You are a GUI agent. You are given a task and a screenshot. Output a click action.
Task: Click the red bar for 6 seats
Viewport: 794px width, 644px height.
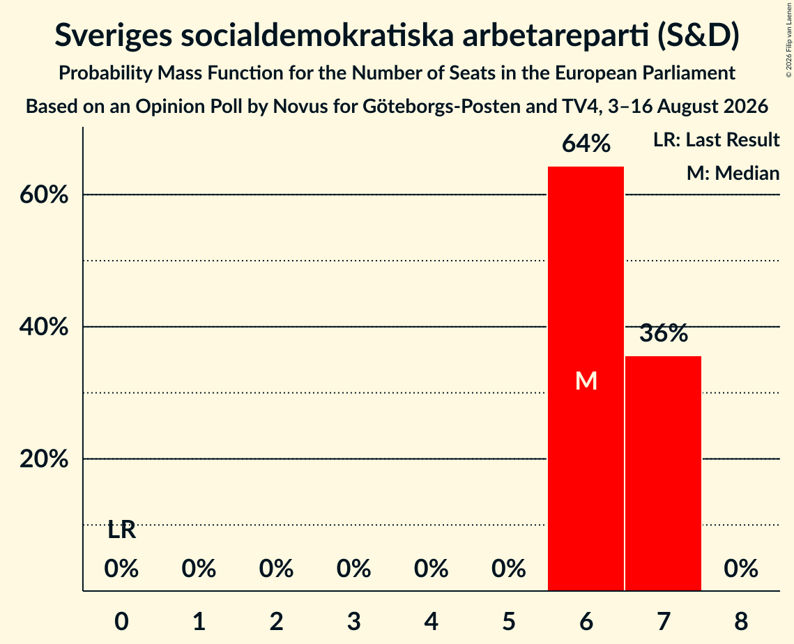point(586,378)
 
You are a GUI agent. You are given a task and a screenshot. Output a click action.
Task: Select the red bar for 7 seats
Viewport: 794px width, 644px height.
point(664,473)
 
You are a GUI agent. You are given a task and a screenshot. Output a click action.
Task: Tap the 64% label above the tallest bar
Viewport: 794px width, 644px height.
point(586,144)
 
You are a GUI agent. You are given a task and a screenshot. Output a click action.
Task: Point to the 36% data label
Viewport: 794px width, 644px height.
point(664,333)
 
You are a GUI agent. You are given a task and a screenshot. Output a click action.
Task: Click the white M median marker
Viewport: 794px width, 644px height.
point(586,381)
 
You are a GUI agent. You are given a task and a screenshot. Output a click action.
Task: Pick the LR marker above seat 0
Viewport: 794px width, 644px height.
point(121,530)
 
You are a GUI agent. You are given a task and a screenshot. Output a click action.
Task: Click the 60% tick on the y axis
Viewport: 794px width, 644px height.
point(43,194)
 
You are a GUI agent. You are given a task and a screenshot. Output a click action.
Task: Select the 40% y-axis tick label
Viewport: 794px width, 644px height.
point(43,327)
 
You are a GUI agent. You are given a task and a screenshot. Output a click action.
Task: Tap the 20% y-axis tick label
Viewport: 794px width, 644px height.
point(43,459)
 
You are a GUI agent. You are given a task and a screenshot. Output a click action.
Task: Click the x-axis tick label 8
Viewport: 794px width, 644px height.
point(741,621)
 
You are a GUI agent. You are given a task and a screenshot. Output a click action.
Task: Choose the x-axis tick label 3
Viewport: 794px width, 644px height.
point(353,621)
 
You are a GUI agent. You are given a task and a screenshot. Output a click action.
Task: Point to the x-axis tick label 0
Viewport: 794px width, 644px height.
point(121,621)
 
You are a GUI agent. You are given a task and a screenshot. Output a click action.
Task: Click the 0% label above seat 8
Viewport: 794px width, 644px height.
point(741,569)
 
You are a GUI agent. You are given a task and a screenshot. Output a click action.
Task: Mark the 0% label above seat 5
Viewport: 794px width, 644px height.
point(508,569)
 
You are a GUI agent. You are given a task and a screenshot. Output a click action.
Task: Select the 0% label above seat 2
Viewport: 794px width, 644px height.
point(276,569)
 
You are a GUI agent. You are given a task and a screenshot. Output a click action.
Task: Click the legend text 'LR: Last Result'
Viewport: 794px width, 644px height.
point(716,139)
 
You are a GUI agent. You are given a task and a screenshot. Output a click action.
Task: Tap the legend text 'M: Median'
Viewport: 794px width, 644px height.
point(733,173)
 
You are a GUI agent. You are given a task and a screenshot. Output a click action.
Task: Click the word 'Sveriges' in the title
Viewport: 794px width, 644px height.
point(113,36)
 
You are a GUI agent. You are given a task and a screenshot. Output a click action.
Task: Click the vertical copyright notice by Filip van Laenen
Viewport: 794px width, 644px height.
point(788,40)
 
